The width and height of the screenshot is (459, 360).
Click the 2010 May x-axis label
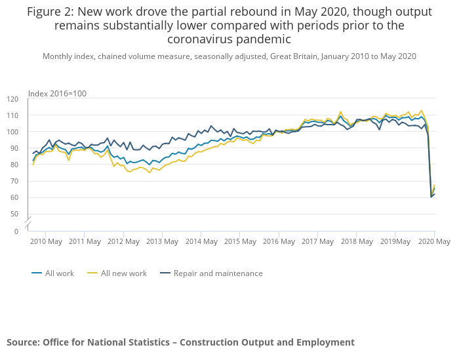click(x=46, y=241)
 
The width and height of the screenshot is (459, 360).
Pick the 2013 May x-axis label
click(x=162, y=241)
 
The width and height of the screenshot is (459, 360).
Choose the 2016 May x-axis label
click(x=279, y=241)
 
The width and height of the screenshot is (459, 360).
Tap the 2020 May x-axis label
click(x=434, y=241)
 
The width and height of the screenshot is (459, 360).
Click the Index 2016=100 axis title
click(x=57, y=94)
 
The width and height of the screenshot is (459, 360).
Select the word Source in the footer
click(x=22, y=342)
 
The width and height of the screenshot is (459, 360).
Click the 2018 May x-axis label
click(x=356, y=241)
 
